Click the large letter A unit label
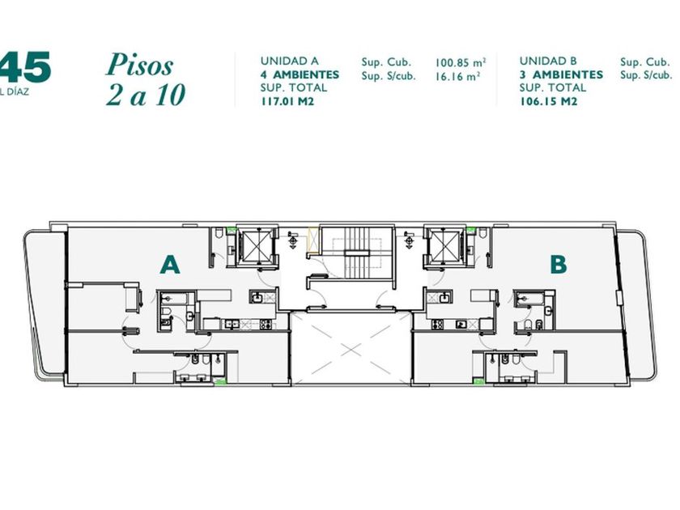tap(169, 265)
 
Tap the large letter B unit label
tap(558, 264)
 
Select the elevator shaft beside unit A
tap(255, 245)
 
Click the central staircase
tap(357, 253)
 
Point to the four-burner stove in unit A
tap(265, 324)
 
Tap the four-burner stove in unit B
tap(436, 324)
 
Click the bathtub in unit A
tap(173, 299)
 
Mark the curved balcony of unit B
tap(636, 304)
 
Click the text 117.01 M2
tap(287, 101)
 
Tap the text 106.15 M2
tap(549, 101)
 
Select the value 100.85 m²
tap(460, 62)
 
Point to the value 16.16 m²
tap(458, 76)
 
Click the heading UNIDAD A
tap(289, 61)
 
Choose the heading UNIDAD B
tap(548, 61)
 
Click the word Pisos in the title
tap(139, 65)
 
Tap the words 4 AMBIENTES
tap(300, 74)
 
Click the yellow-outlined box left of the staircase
tap(312, 240)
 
